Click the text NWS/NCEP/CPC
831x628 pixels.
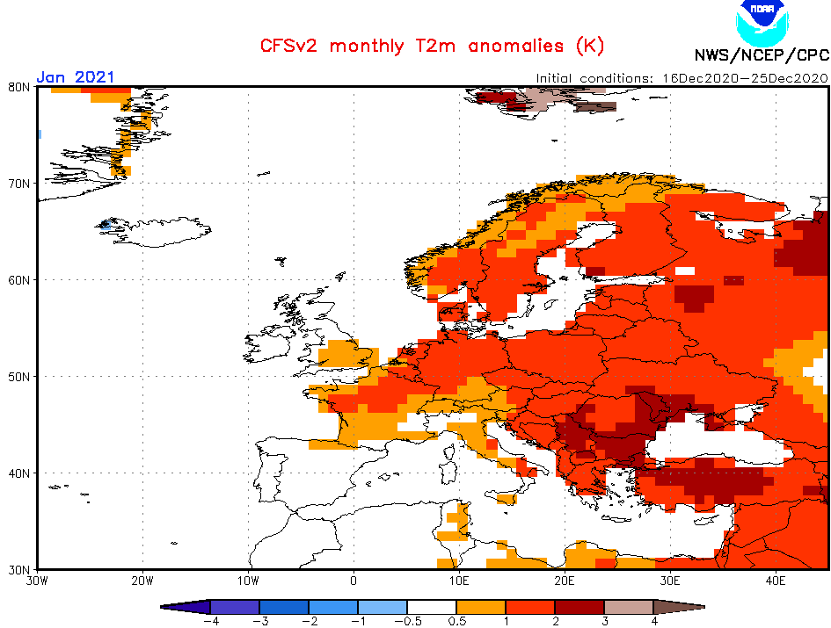pyautogui.click(x=761, y=55)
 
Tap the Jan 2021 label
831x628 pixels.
pyautogui.click(x=76, y=77)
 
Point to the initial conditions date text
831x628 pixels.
pyautogui.click(x=682, y=77)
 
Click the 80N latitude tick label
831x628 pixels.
pyautogui.click(x=19, y=87)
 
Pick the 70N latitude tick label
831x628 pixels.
pyautogui.click(x=19, y=184)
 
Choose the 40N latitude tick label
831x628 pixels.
pyautogui.click(x=19, y=473)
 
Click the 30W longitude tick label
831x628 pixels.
pyautogui.click(x=37, y=581)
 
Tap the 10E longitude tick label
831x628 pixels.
pyautogui.click(x=458, y=581)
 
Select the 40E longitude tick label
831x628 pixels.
pyautogui.click(x=775, y=581)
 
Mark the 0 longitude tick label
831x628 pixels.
pyautogui.click(x=354, y=581)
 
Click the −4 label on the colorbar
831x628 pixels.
pyautogui.click(x=210, y=620)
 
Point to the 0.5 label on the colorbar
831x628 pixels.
pyautogui.click(x=456, y=620)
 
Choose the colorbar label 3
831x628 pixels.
pyautogui.click(x=603, y=620)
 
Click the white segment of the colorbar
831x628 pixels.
pyautogui.click(x=431, y=606)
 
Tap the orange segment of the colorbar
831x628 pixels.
pyautogui.click(x=480, y=606)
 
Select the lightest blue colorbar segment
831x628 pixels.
pyautogui.click(x=382, y=606)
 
